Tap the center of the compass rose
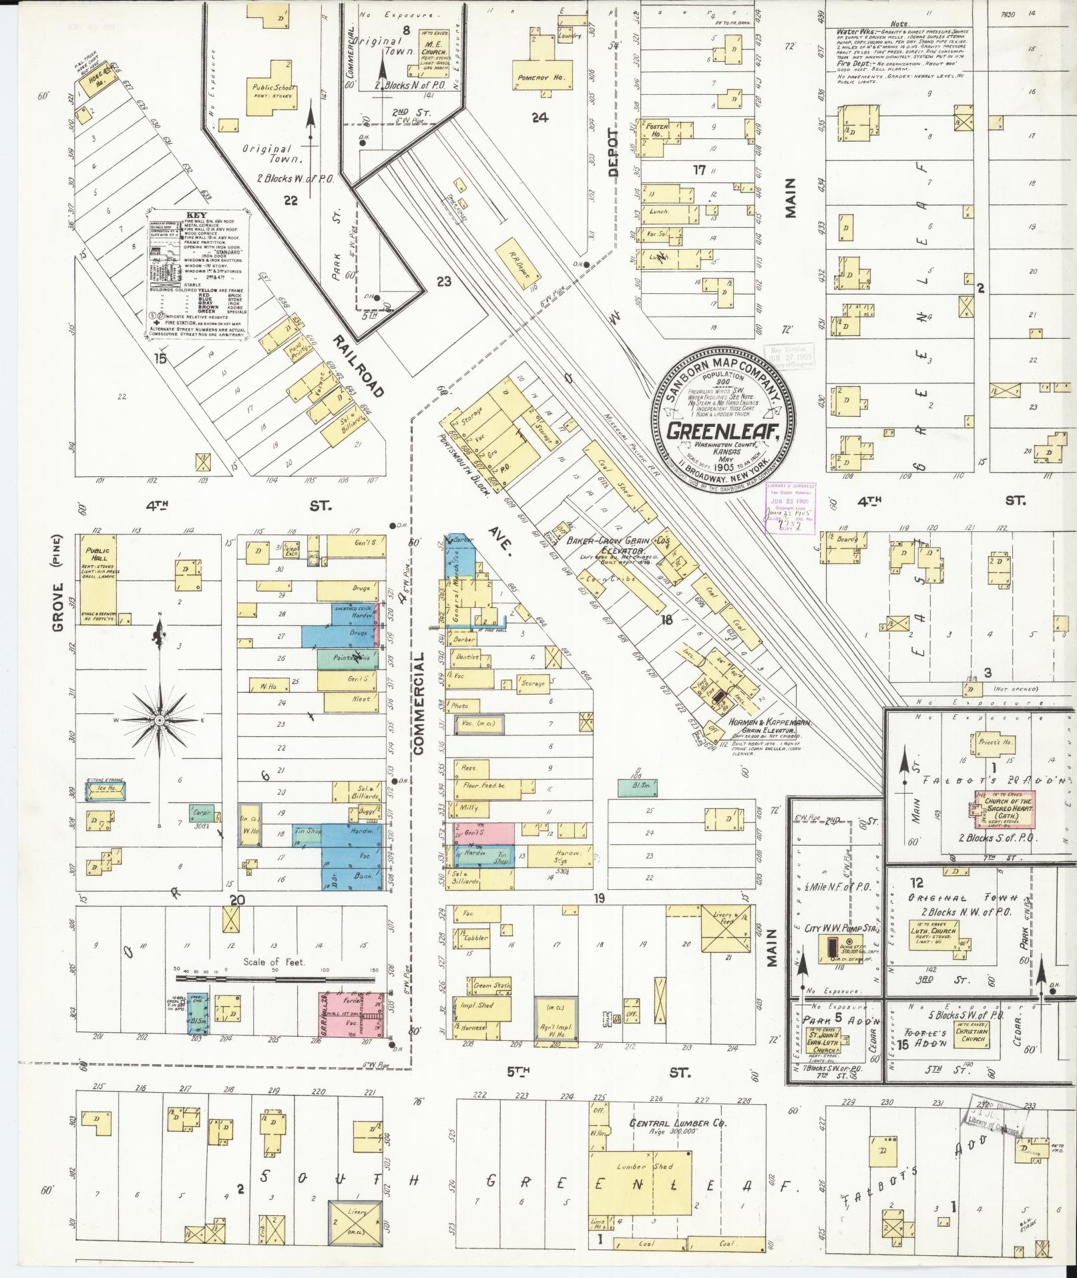click(160, 721)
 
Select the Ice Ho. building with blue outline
click(107, 790)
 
